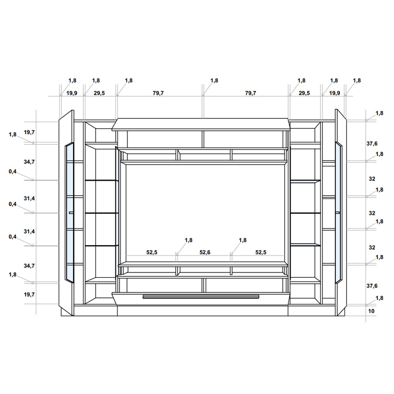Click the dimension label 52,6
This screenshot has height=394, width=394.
205,252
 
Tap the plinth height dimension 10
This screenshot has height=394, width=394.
371,311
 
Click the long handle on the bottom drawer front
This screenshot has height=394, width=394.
201,297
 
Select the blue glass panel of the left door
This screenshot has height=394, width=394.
70,212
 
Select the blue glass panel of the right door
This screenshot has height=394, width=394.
338,212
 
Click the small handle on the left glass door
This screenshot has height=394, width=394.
71,213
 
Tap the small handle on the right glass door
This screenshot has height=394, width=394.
338,213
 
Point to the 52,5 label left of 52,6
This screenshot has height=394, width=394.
152,252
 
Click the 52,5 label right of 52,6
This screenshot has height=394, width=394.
261,252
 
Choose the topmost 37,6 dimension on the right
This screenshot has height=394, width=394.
372,144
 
